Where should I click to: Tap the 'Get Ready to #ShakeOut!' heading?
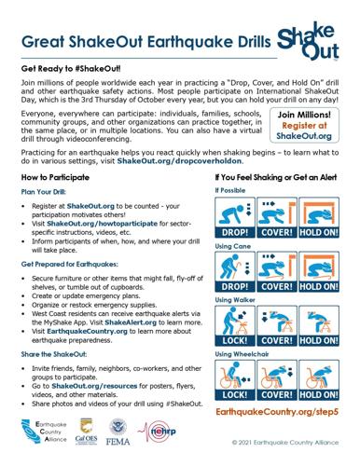[x=74, y=69]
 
